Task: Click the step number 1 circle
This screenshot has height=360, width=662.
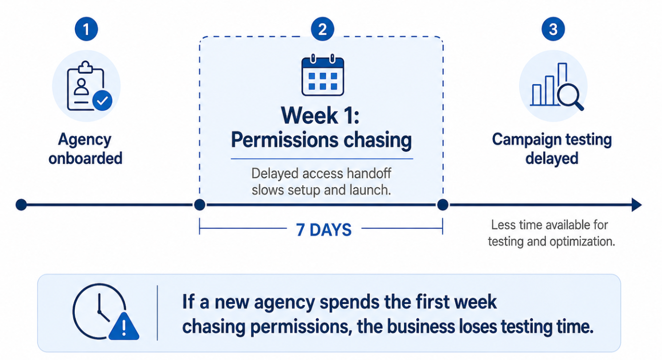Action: pyautogui.click(x=86, y=29)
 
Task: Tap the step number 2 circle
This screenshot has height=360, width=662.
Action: pyautogui.click(x=322, y=29)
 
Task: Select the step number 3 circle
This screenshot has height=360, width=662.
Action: pyautogui.click(x=553, y=29)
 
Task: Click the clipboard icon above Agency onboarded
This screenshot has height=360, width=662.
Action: pyautogui.click(x=85, y=86)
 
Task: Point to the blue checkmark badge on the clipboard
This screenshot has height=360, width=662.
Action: pyautogui.click(x=102, y=101)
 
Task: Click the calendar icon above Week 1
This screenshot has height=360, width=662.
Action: pyautogui.click(x=322, y=76)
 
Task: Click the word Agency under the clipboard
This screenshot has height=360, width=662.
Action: pyautogui.click(x=85, y=140)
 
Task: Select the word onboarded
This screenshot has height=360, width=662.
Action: pyautogui.click(x=85, y=158)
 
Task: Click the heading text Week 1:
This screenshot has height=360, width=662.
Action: pyautogui.click(x=321, y=116)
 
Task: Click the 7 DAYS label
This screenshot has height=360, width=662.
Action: pyautogui.click(x=324, y=229)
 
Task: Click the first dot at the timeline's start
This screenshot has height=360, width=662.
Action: pyautogui.click(x=21, y=205)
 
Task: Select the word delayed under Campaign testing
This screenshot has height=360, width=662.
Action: pyautogui.click(x=551, y=158)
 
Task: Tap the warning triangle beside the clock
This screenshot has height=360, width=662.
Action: pyautogui.click(x=123, y=327)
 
